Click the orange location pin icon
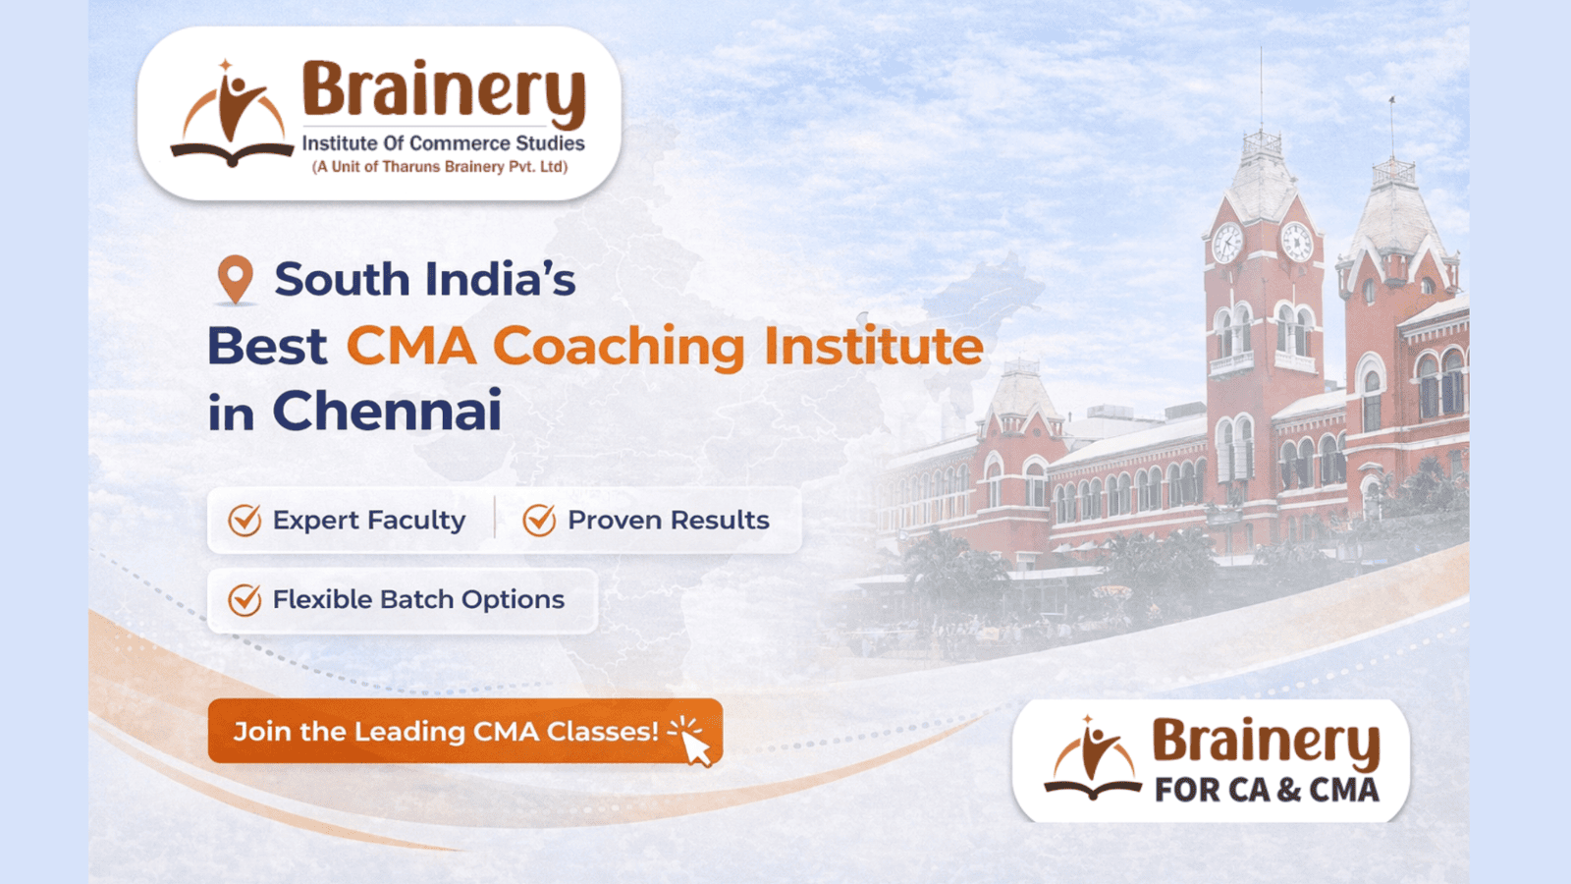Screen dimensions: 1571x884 (235, 279)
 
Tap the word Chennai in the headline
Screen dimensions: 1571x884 (387, 411)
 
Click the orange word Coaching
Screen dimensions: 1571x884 (619, 348)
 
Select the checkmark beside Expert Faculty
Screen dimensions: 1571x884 (244, 520)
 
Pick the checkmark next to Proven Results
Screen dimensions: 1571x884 (539, 520)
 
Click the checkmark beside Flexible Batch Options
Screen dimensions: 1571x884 (244, 600)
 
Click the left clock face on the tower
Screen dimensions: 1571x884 (1227, 243)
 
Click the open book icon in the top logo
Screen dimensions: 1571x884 (232, 153)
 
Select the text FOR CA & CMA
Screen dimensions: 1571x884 (1267, 790)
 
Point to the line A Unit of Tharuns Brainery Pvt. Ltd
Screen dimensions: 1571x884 (440, 167)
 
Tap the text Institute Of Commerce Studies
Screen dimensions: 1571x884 (443, 143)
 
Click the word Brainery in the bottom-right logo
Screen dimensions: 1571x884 (1266, 743)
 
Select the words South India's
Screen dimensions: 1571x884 (425, 279)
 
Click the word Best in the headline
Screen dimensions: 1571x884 (267, 347)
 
